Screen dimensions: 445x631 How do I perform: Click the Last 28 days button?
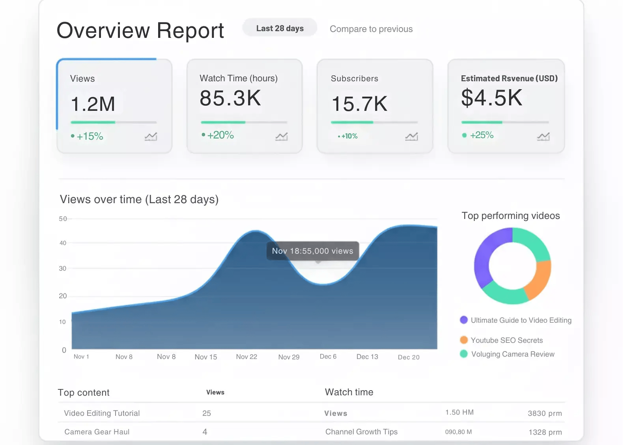[280, 28]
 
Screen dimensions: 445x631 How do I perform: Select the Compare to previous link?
[371, 29]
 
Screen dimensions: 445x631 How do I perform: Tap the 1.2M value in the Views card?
[93, 104]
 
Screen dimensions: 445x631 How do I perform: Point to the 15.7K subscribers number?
[359, 104]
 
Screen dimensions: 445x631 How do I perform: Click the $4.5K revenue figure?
[491, 98]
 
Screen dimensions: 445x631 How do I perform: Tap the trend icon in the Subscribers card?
[411, 136]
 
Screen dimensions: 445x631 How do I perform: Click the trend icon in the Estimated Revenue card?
[543, 136]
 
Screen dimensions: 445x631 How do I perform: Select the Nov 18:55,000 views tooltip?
[312, 251]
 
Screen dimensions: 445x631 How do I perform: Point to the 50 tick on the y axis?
[63, 219]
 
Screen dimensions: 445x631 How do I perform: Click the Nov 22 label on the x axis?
[246, 357]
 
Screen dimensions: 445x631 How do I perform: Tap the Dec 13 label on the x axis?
[367, 357]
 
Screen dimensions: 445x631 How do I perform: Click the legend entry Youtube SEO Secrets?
[506, 340]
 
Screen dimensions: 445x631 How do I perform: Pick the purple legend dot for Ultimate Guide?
[464, 320]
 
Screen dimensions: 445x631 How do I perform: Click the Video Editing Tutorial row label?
[102, 413]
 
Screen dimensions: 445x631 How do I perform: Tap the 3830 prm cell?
[544, 413]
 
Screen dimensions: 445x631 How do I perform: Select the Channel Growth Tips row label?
[361, 432]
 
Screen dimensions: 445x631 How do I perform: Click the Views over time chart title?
[139, 200]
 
